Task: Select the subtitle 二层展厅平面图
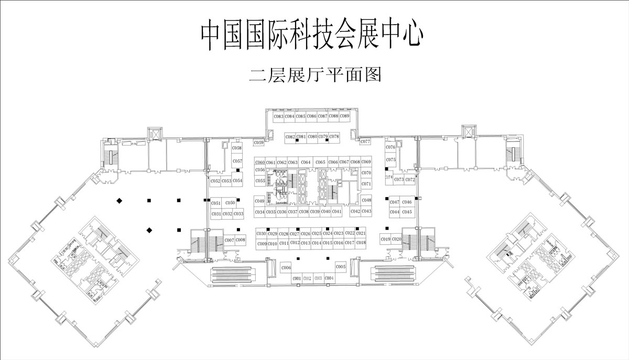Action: [x=314, y=75]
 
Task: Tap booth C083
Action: [x=278, y=116]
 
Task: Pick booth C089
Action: [x=344, y=116]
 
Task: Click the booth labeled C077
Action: [x=365, y=141]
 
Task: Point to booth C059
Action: [x=258, y=143]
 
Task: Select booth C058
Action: [x=237, y=148]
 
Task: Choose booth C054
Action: [x=237, y=181]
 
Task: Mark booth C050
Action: [x=230, y=203]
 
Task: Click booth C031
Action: [x=216, y=214]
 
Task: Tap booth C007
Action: [x=229, y=240]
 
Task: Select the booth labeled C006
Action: [x=286, y=268]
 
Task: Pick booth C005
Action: [x=341, y=267]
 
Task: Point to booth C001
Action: [x=296, y=278]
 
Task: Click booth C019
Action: [x=385, y=239]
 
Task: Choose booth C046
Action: [x=407, y=202]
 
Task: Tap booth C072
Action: [x=410, y=180]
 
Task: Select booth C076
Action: [x=391, y=147]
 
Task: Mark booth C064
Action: [x=306, y=162]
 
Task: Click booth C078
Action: [x=334, y=136]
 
